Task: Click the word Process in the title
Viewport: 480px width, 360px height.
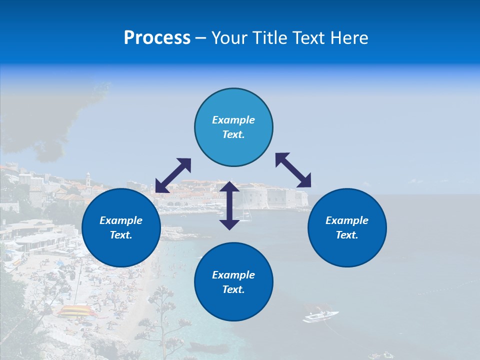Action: pyautogui.click(x=157, y=38)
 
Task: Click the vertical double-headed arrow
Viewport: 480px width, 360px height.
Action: pyautogui.click(x=229, y=205)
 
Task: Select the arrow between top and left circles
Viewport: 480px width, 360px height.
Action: pyautogui.click(x=173, y=175)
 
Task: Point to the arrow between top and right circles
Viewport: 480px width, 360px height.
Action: pyautogui.click(x=293, y=170)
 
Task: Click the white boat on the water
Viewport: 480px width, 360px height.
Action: pyautogui.click(x=320, y=316)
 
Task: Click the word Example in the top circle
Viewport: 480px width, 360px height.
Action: pyautogui.click(x=233, y=120)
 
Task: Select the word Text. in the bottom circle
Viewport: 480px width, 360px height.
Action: pyautogui.click(x=233, y=289)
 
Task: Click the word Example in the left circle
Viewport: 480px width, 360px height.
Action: pyautogui.click(x=121, y=220)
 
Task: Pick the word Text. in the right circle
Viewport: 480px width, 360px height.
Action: pyautogui.click(x=347, y=235)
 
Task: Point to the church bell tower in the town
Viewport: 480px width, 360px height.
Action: pyautogui.click(x=88, y=179)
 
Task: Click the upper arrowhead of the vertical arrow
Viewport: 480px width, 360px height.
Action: pyautogui.click(x=229, y=186)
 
